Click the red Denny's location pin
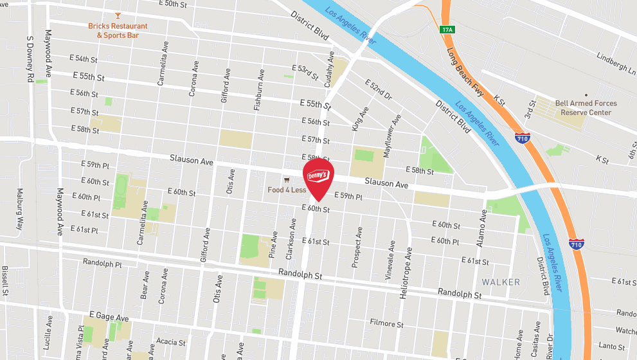point(318,177)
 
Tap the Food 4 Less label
point(287,190)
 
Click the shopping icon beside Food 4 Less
point(287,180)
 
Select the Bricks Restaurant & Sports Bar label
point(118,31)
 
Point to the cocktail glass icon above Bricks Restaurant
point(117,14)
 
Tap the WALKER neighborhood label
point(500,282)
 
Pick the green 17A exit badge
point(447,30)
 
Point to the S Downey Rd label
point(30,59)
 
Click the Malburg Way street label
point(19,214)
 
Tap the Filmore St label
point(386,324)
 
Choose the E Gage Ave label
point(109,318)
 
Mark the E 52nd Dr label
point(378,90)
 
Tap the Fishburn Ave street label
point(258,89)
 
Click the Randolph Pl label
point(102,264)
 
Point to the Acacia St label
point(170,341)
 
